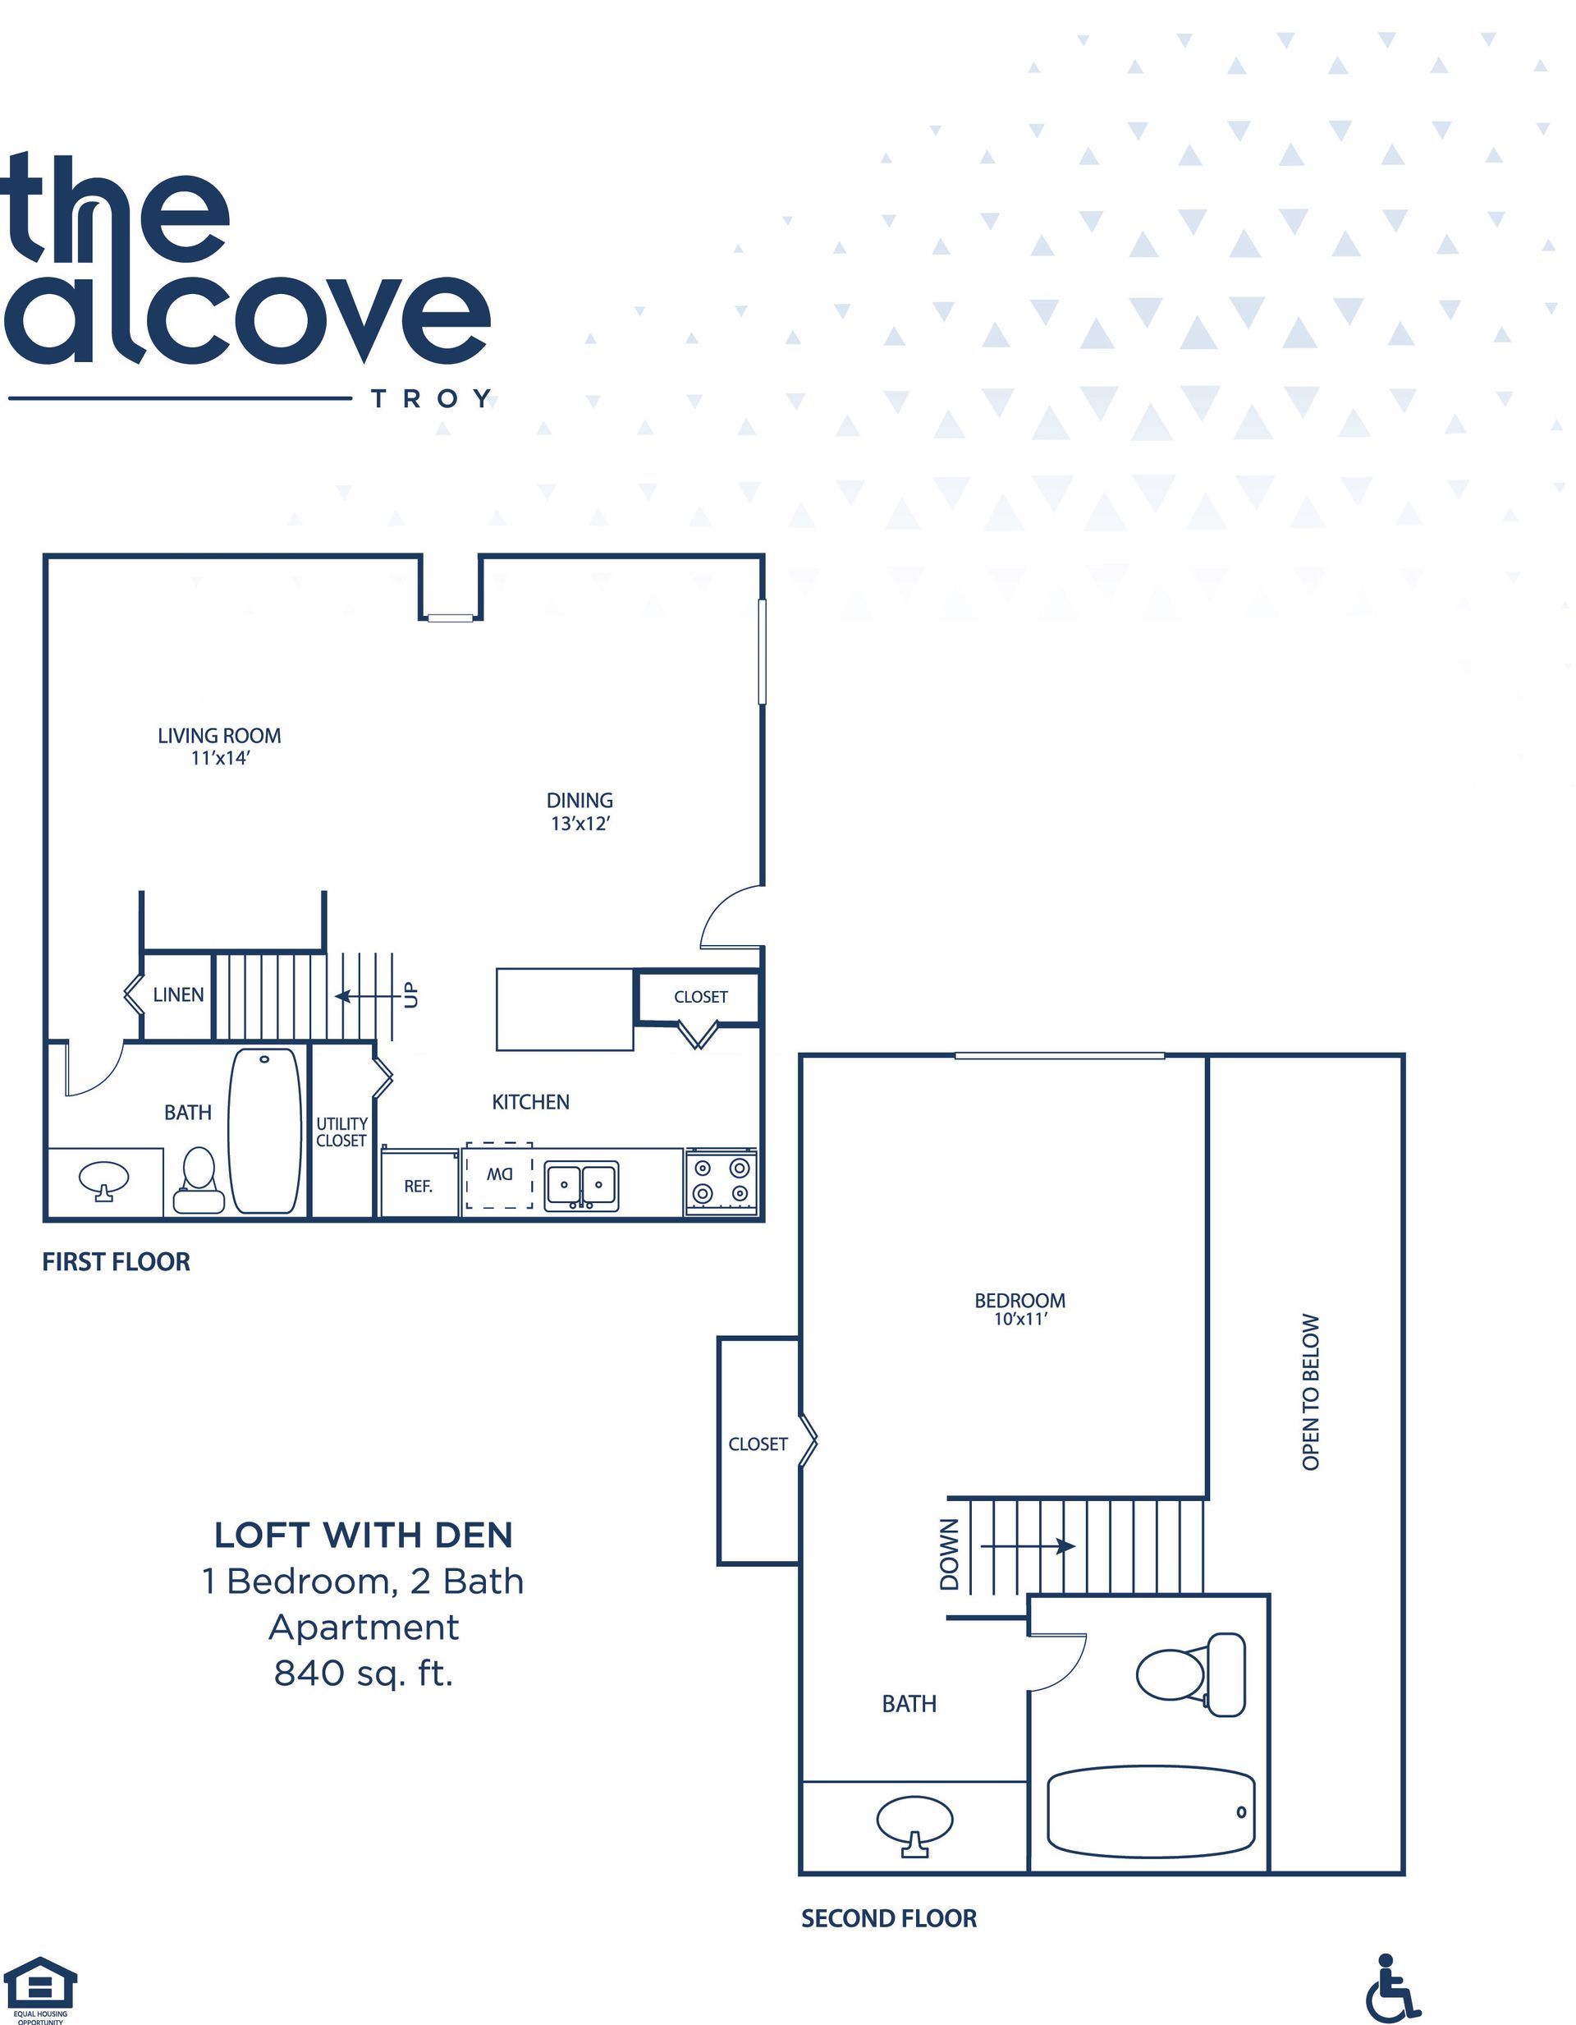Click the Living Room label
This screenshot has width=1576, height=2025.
click(x=219, y=735)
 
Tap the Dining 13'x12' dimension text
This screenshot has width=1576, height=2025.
click(x=580, y=824)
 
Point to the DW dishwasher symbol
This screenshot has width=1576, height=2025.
click(x=500, y=1176)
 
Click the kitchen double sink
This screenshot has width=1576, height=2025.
click(x=581, y=1186)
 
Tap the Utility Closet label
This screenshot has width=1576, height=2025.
click(x=341, y=1132)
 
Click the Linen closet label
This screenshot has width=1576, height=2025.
click(x=178, y=995)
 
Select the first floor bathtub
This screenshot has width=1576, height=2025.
click(x=265, y=1130)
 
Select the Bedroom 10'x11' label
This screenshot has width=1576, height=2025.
click(x=1019, y=1308)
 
